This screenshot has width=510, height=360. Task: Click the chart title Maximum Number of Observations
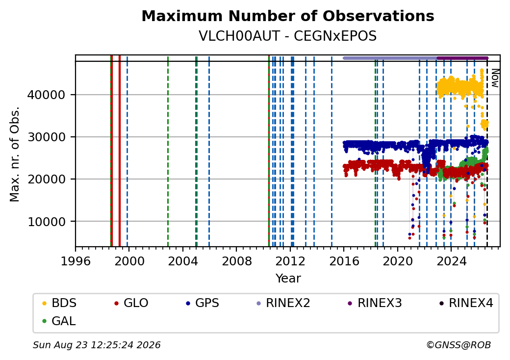(x=288, y=16)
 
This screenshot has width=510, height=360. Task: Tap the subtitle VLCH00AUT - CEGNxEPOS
(x=288, y=36)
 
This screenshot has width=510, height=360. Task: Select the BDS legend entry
(x=59, y=303)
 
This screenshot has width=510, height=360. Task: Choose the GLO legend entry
(x=131, y=303)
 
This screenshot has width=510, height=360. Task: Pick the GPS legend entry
(x=203, y=303)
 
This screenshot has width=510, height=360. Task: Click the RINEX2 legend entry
(x=283, y=303)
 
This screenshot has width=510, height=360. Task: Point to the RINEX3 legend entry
(x=375, y=303)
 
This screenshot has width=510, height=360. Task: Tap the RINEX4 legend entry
(x=466, y=303)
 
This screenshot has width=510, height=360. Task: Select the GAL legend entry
(x=59, y=321)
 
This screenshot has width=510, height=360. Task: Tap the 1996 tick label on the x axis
(x=76, y=261)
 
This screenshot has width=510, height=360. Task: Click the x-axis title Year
(x=288, y=279)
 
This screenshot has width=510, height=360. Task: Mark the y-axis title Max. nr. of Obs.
(x=15, y=154)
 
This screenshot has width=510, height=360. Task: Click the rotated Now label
(x=495, y=78)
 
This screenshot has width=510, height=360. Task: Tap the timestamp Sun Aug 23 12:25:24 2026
(x=97, y=345)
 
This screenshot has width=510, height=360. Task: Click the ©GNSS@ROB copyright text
(x=459, y=345)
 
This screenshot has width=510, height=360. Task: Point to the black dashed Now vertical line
(x=487, y=154)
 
